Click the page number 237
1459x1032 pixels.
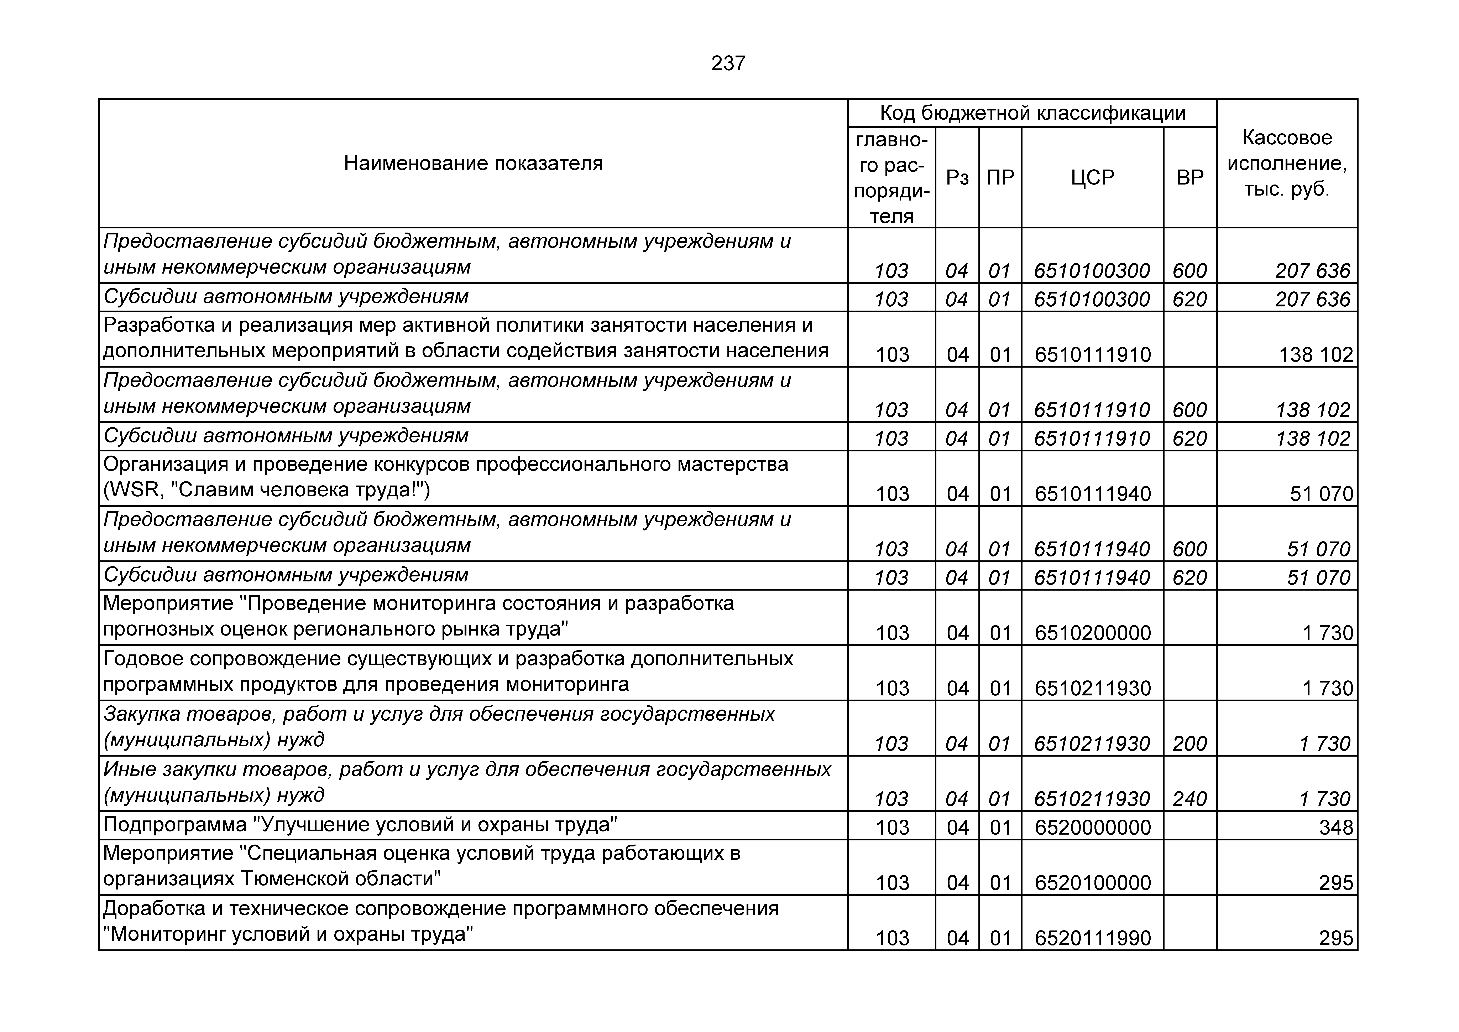click(728, 64)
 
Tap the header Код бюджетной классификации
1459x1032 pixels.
click(1032, 113)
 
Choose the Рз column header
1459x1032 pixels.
click(957, 177)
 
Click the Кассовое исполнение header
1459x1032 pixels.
click(1287, 164)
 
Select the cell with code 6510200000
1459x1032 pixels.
click(1092, 633)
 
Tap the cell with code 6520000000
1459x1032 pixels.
click(1092, 827)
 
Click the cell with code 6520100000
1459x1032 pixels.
click(1092, 883)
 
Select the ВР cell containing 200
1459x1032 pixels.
click(1189, 743)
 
